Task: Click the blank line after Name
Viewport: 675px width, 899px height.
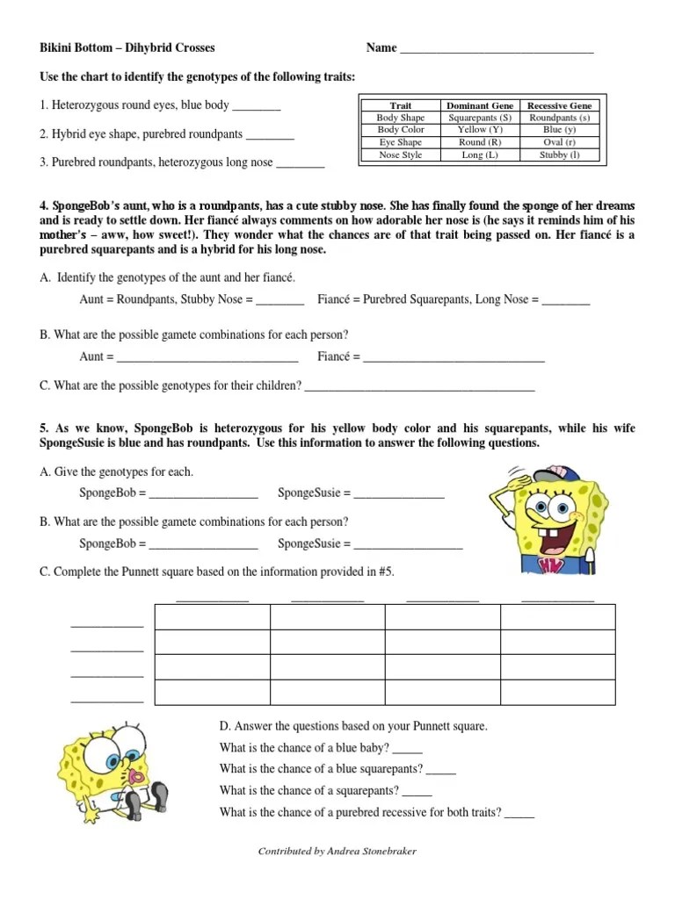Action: tap(497, 50)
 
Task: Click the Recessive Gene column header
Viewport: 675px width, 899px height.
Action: tap(559, 105)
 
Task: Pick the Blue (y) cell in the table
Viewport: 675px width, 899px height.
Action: tap(559, 130)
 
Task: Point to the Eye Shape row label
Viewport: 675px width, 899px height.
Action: tap(400, 142)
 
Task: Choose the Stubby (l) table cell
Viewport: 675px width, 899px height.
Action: tap(559, 155)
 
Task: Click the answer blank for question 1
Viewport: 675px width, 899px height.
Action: tap(257, 107)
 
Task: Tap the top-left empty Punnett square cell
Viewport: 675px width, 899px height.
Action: tap(212, 617)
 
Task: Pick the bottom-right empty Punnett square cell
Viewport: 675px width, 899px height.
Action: tap(557, 692)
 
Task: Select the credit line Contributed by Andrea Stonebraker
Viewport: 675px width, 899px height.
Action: tap(337, 852)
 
